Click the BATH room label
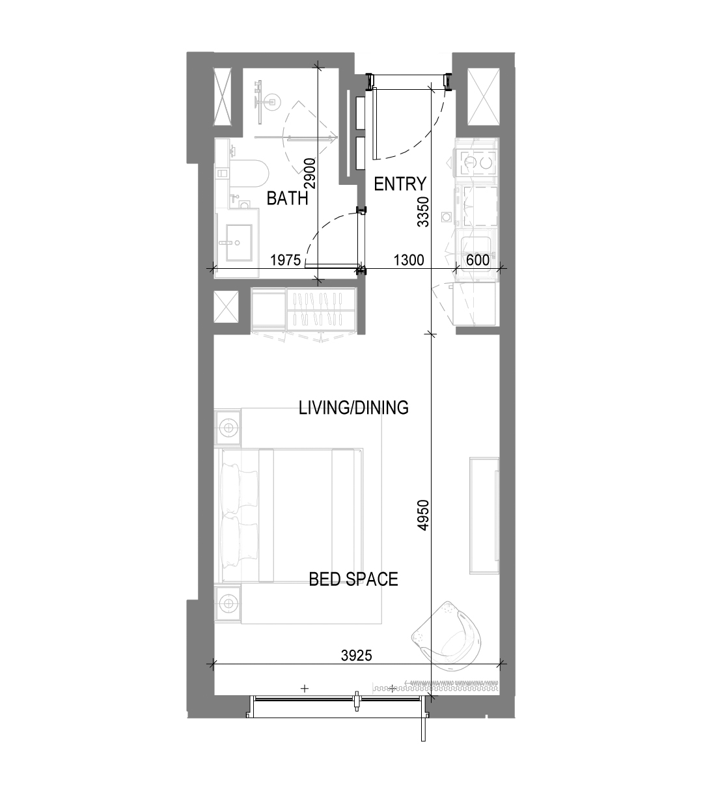(287, 199)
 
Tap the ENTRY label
(400, 184)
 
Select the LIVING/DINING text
(353, 407)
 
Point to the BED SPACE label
(353, 579)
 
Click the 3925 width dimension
(357, 655)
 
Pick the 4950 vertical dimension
(423, 515)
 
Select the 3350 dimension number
(423, 212)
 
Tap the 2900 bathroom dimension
(310, 173)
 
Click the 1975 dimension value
(286, 260)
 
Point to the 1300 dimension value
(409, 260)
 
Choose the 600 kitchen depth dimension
(478, 260)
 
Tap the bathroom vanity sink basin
(239, 243)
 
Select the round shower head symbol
(271, 102)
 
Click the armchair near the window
(447, 636)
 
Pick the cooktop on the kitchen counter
(475, 162)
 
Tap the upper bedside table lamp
(228, 428)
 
